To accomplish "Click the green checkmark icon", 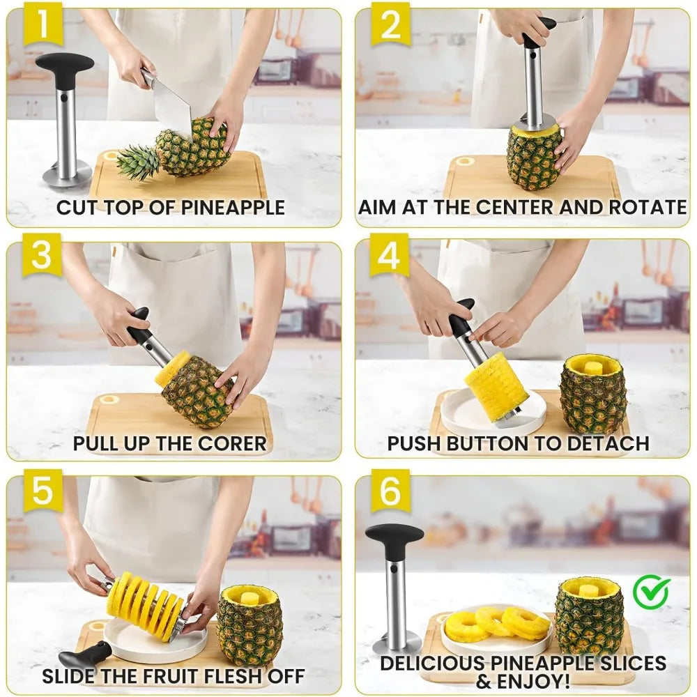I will (x=651, y=592).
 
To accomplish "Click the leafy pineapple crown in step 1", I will (x=137, y=162).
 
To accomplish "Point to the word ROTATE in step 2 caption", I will (x=648, y=208).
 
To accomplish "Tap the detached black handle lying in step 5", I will (x=85, y=654).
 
